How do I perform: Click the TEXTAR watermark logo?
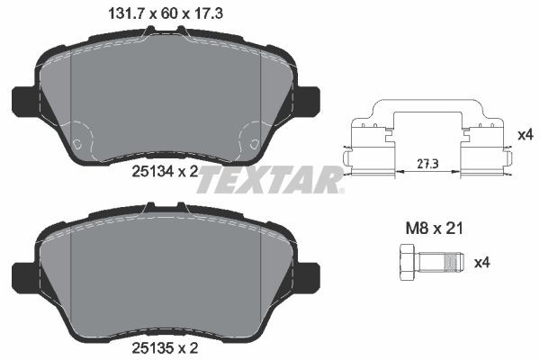coord(269,179)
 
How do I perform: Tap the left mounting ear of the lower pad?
coord(22,274)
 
